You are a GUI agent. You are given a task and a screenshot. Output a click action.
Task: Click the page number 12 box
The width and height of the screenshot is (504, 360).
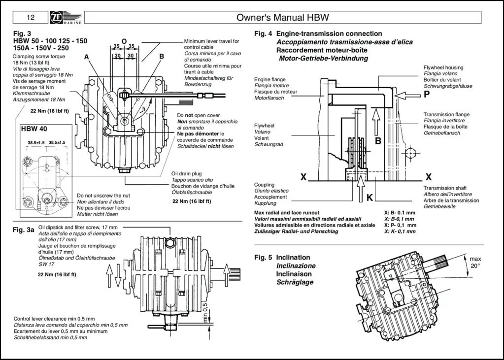[x=31, y=18]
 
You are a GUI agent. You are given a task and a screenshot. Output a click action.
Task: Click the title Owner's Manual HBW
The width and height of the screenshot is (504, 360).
[x=282, y=18]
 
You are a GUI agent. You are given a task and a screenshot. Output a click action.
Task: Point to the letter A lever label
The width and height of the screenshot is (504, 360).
[x=87, y=57]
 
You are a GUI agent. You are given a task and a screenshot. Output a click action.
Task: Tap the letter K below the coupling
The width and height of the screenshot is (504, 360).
[x=370, y=197]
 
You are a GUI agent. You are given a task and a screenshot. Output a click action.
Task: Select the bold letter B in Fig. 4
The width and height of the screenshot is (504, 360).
[x=378, y=141]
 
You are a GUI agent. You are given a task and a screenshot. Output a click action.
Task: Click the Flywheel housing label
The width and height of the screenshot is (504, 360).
[x=443, y=67]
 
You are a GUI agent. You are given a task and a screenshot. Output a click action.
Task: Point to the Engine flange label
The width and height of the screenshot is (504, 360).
[x=270, y=79]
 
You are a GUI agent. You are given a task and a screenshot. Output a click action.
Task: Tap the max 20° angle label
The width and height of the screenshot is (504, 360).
[x=475, y=262]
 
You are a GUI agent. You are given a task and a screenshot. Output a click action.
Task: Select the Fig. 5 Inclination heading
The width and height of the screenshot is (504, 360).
[x=282, y=258]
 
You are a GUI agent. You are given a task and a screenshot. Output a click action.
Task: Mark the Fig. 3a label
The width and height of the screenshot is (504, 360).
[x=24, y=230]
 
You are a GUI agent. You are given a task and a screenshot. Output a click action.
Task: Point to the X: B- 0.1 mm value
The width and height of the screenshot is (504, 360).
[x=399, y=212]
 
